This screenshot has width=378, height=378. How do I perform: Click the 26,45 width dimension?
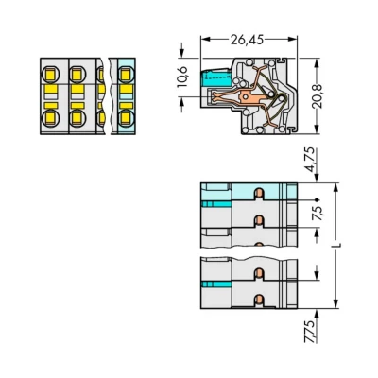247,40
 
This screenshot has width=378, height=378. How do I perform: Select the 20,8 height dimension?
318,96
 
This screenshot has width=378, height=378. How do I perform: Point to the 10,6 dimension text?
182,77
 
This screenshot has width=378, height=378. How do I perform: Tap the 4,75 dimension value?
311,160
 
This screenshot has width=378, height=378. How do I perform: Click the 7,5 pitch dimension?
317,213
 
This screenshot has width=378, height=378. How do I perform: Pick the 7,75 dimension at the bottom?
310,332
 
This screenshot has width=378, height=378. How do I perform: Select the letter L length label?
339,246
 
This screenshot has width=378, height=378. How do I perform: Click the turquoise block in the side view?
216,78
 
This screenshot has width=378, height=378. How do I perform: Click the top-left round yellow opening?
50,75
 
